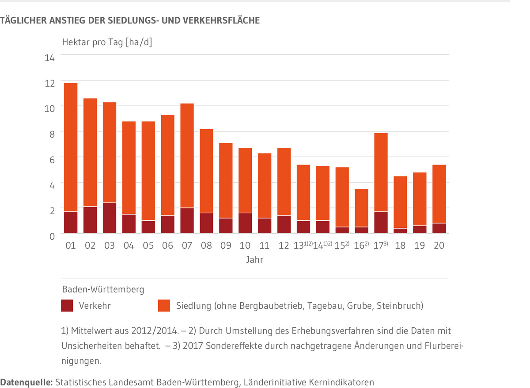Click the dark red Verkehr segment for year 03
pos(109,218)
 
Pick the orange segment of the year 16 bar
pos(361,208)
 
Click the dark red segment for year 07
pos(187,220)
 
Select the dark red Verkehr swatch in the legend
pos(67,306)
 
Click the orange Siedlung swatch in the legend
pos(164,306)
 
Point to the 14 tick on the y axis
pos(49,58)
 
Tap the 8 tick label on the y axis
pos(51,134)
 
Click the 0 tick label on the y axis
pos(51,237)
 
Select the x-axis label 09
pos(226,246)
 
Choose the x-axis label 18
pos(400,246)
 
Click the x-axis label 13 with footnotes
pos(303,246)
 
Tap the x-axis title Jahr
pos(255,260)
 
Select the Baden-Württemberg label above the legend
pos(103,290)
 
